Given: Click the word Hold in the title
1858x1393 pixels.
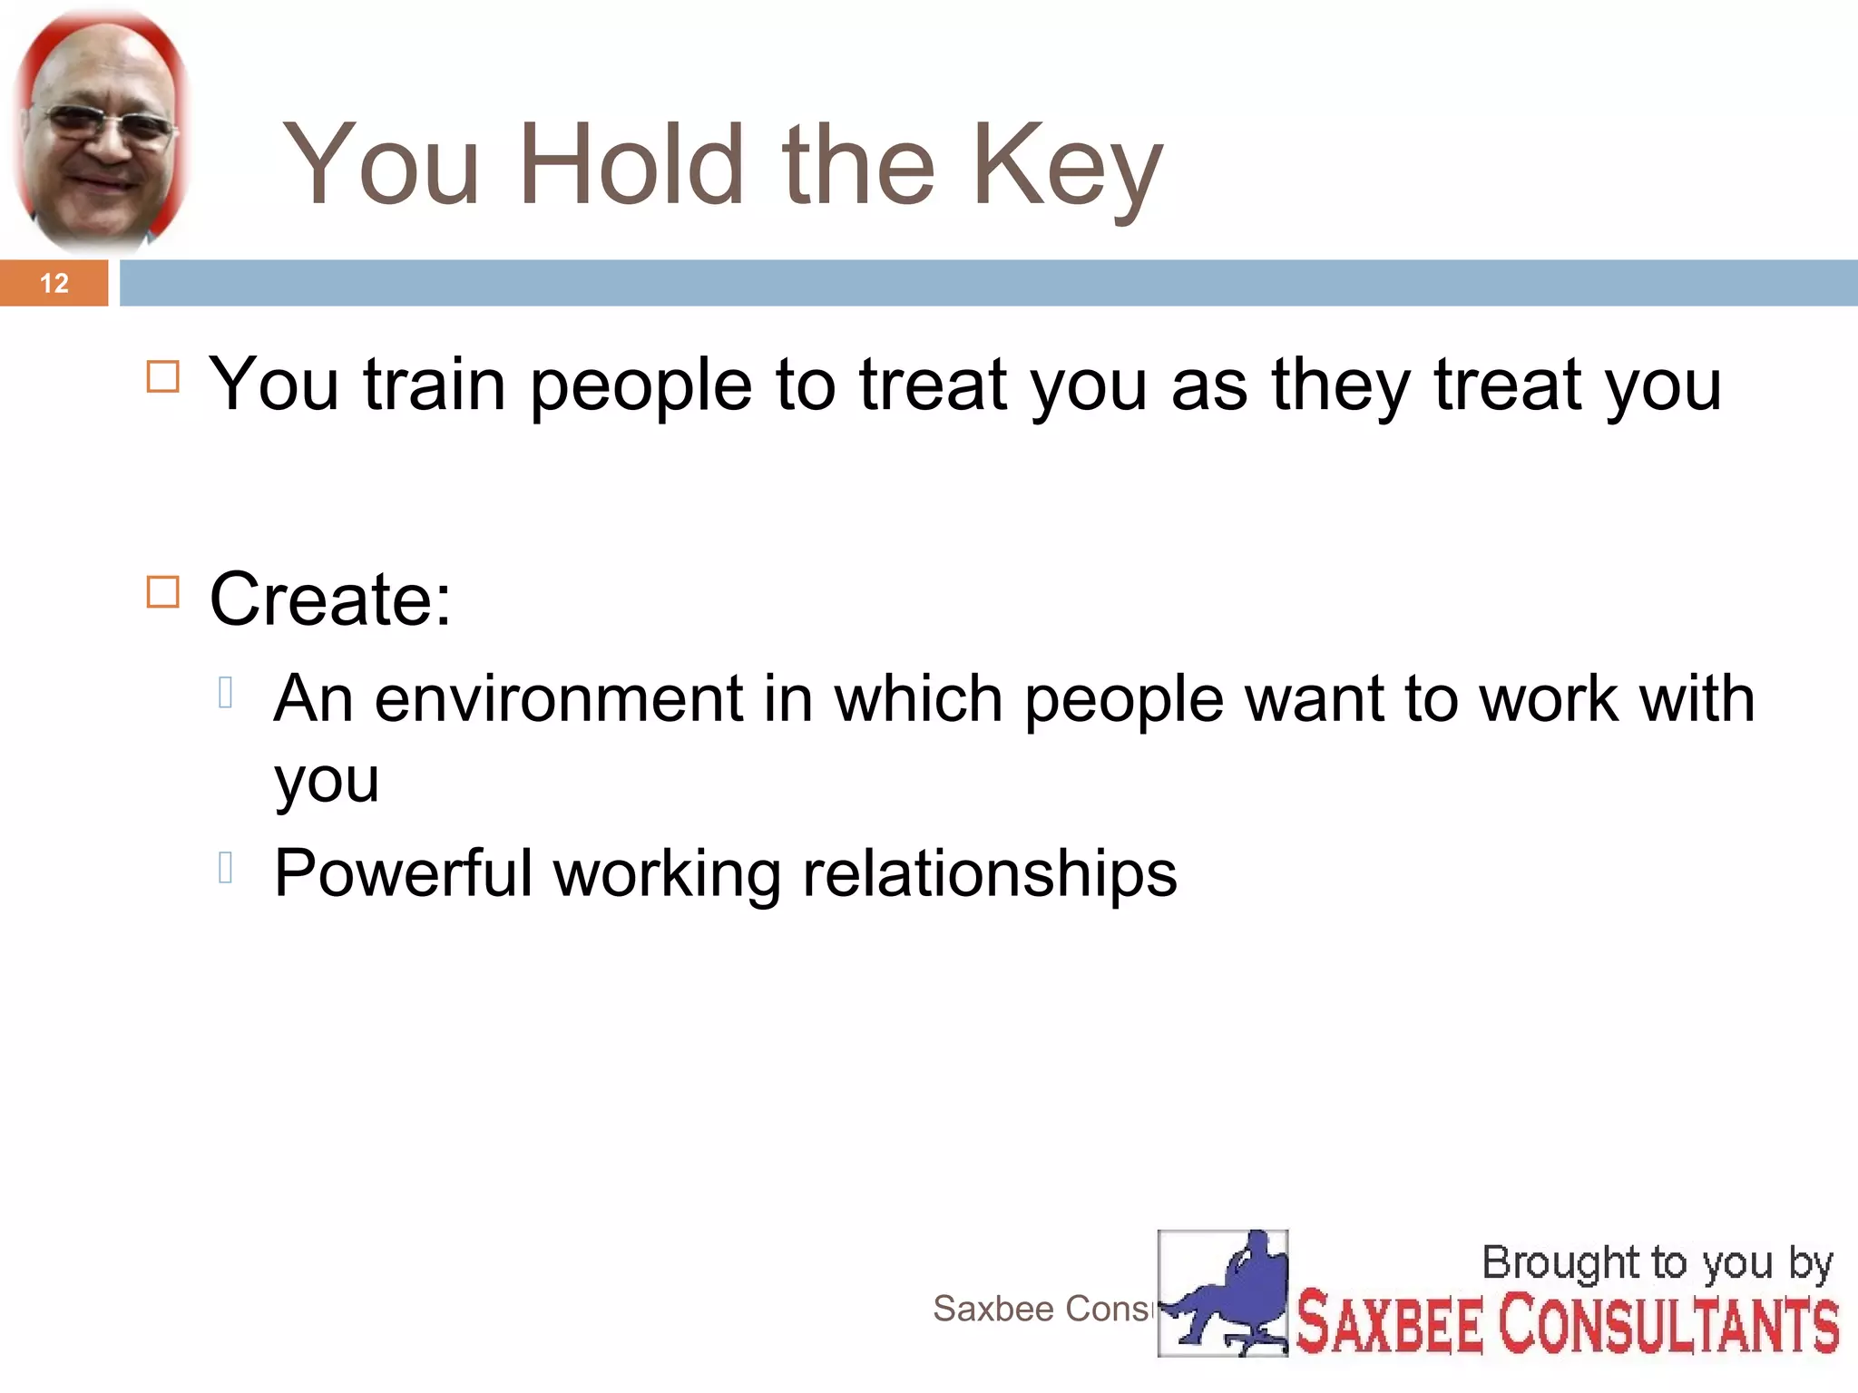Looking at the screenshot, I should click(x=633, y=165).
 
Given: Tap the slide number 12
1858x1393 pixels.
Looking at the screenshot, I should click(x=54, y=283).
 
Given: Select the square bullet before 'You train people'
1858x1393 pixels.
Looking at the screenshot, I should click(x=163, y=376).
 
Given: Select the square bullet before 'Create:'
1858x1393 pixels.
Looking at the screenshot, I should click(x=163, y=592).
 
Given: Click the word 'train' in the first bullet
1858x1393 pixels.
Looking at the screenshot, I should click(x=434, y=385).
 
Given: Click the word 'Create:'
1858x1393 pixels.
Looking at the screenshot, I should click(x=330, y=599).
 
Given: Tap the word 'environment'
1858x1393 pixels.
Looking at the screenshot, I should click(x=559, y=699).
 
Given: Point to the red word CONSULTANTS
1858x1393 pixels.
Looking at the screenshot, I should click(x=1668, y=1325).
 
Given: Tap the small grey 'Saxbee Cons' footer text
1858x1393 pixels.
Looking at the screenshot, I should click(x=1042, y=1309).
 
